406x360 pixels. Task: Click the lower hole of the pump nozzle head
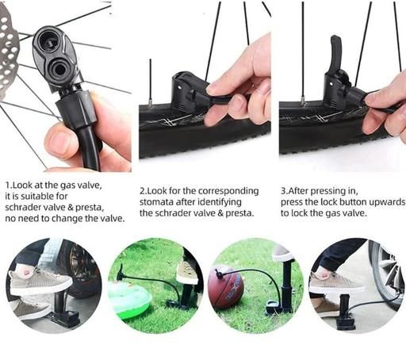59,69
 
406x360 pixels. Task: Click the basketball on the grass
225,286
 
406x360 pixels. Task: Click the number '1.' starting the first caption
9,185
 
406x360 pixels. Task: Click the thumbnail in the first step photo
59,142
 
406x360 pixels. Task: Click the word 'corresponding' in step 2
228,191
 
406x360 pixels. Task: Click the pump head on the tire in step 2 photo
184,91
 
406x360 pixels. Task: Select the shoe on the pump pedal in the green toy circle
187,271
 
